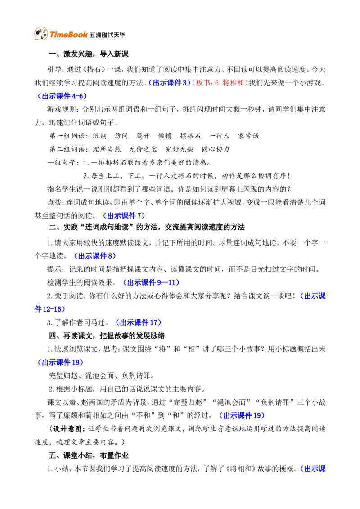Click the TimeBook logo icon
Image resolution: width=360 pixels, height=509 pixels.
41,33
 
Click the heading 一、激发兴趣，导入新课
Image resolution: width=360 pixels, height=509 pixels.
89,54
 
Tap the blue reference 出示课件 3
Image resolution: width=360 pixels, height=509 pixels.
170,83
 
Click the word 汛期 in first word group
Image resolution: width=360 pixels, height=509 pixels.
99,136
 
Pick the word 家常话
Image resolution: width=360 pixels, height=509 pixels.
248,136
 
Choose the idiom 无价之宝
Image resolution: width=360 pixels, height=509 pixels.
143,149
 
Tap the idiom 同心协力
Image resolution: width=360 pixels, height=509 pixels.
215,149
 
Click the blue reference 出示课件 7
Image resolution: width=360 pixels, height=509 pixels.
124,216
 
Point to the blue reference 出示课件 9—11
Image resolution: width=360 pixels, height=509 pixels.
151,283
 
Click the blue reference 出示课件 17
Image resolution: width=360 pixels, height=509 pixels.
139,323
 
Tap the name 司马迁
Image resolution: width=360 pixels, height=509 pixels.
94,323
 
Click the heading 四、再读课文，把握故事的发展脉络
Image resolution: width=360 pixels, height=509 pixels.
107,335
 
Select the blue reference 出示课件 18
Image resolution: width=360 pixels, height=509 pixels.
61,362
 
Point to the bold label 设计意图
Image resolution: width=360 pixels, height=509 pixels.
67,429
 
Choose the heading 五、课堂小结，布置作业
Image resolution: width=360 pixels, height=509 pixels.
89,455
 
